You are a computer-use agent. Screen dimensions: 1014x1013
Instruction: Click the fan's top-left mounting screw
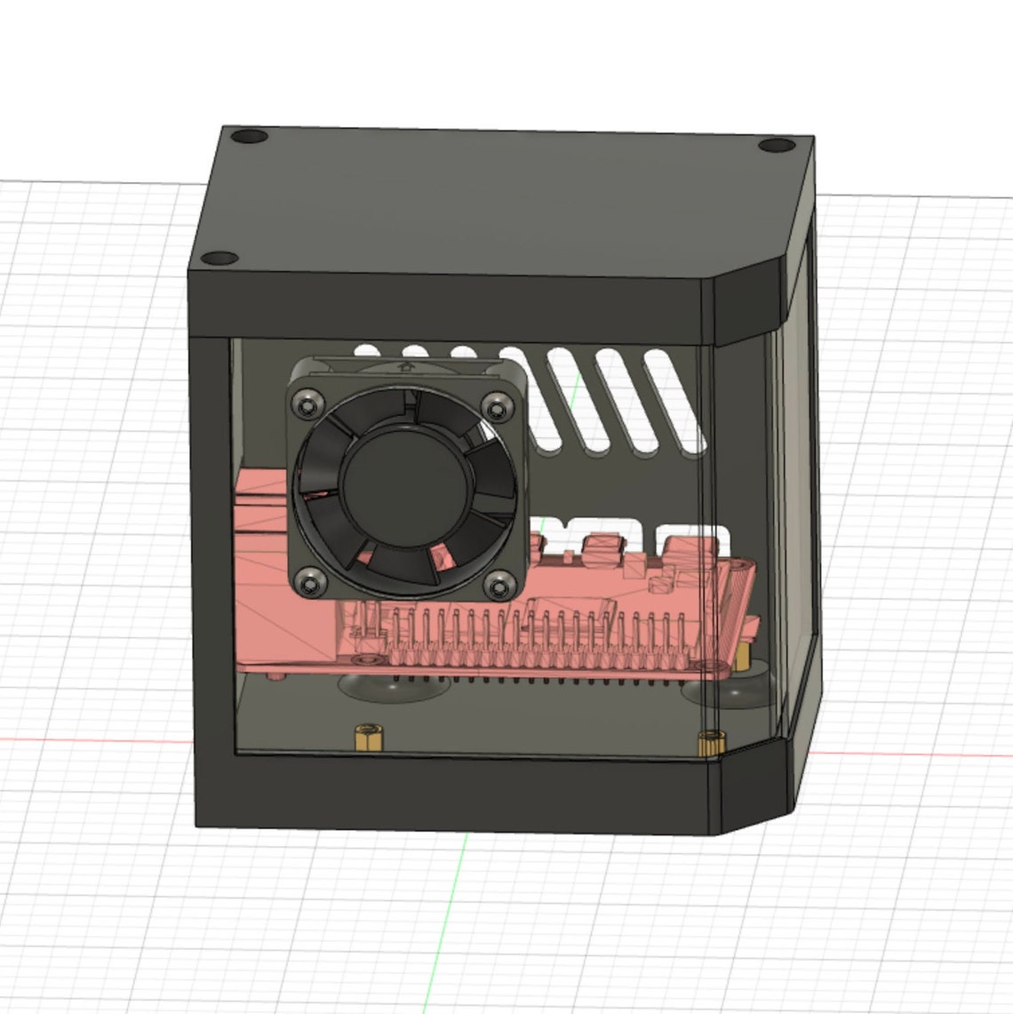point(308,404)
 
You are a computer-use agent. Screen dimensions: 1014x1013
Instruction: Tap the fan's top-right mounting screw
point(493,408)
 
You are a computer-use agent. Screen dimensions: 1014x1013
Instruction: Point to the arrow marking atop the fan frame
point(405,363)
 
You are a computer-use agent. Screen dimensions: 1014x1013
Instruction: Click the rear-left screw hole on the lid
point(249,138)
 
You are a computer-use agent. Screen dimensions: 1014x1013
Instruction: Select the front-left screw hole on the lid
point(219,259)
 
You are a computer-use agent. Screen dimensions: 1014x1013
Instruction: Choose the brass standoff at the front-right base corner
point(709,742)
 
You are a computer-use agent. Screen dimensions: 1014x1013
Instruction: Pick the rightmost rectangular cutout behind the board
point(689,533)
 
